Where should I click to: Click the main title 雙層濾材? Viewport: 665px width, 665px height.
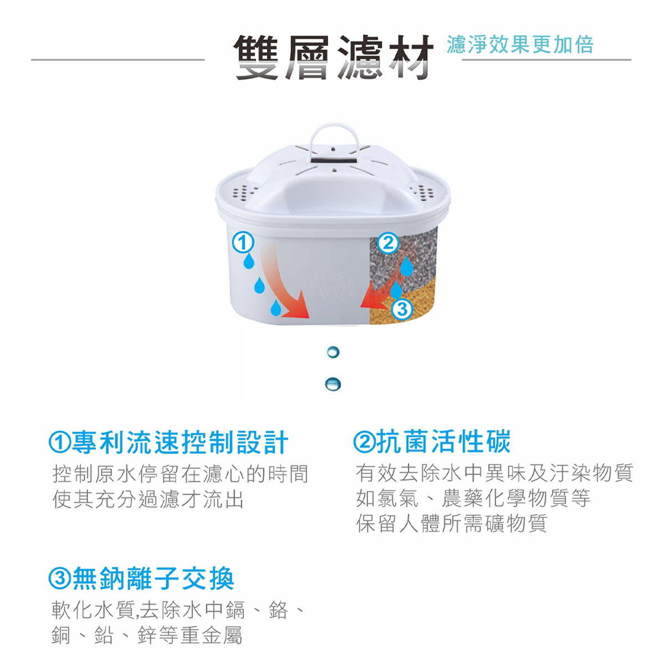pyautogui.click(x=334, y=57)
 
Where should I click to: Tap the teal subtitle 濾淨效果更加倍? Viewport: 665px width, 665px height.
pyautogui.click(x=520, y=45)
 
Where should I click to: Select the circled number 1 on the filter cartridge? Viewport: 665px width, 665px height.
pyautogui.click(x=243, y=242)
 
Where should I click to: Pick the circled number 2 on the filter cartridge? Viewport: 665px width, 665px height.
pyautogui.click(x=388, y=243)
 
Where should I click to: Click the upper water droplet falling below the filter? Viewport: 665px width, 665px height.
pyautogui.click(x=333, y=352)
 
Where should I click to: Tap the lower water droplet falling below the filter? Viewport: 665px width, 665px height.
pyautogui.click(x=333, y=384)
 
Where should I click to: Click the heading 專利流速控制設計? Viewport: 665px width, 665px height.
pyautogui.click(x=168, y=442)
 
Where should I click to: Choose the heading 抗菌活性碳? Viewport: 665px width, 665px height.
pyautogui.click(x=432, y=441)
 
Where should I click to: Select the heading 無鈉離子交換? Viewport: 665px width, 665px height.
pyautogui.click(x=141, y=579)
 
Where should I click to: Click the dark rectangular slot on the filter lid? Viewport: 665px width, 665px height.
pyautogui.click(x=333, y=161)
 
